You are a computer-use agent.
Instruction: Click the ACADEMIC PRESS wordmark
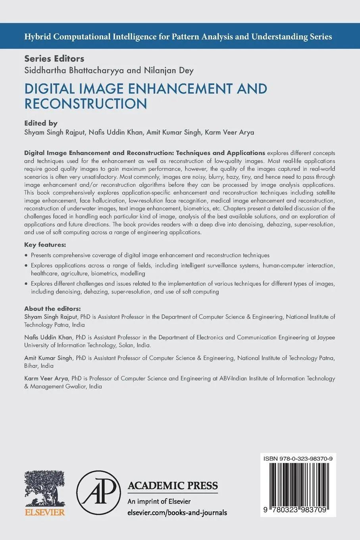(x=172, y=485)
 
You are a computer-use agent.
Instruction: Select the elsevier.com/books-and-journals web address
(x=177, y=513)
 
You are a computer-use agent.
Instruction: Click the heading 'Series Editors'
(x=54, y=58)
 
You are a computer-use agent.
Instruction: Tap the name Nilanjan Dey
(x=168, y=71)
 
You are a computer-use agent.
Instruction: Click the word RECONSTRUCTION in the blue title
(x=86, y=104)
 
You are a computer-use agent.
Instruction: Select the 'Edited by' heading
(x=41, y=123)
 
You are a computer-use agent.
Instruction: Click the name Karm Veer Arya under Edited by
(x=229, y=132)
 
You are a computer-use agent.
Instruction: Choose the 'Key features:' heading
(x=45, y=244)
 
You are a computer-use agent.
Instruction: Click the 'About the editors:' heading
(x=52, y=309)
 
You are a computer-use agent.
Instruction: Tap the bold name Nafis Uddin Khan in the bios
(x=48, y=337)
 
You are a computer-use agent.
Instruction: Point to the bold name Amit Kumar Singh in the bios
(x=48, y=358)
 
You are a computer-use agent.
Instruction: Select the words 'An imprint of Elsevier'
(x=159, y=501)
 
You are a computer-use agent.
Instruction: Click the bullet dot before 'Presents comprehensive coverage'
(x=26, y=256)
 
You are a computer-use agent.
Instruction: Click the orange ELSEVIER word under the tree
(x=45, y=512)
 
